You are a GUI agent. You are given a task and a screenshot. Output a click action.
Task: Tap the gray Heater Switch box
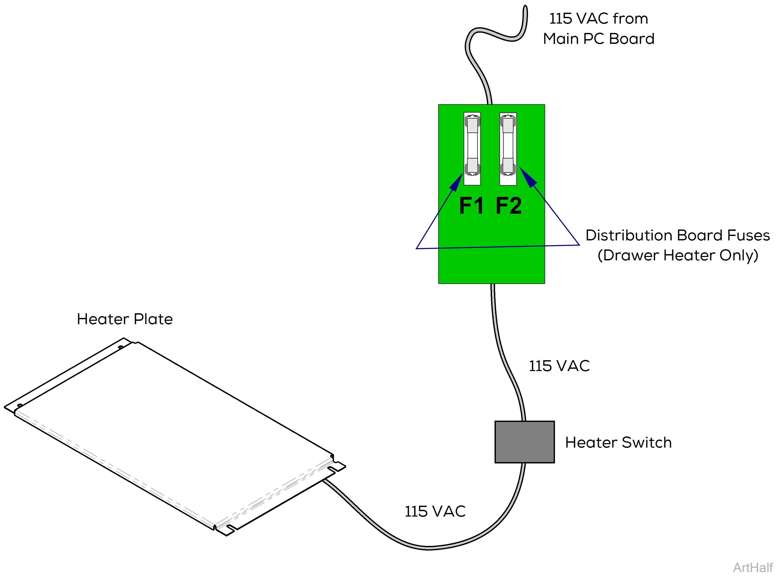click(524, 442)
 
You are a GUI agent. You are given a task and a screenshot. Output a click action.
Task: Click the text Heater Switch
click(618, 442)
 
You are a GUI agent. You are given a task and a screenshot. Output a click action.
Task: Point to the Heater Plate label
click(125, 319)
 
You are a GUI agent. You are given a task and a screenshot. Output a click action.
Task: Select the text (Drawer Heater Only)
click(677, 256)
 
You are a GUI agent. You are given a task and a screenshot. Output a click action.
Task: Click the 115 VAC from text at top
click(598, 18)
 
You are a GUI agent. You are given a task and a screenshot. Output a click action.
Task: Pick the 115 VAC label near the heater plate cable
click(435, 511)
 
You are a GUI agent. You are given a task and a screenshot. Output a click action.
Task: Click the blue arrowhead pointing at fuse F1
click(456, 182)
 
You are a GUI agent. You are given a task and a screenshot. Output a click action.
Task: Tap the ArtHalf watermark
click(753, 568)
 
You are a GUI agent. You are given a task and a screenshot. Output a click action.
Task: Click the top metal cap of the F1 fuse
click(472, 125)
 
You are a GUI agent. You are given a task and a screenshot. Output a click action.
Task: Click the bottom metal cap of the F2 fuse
click(508, 165)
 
